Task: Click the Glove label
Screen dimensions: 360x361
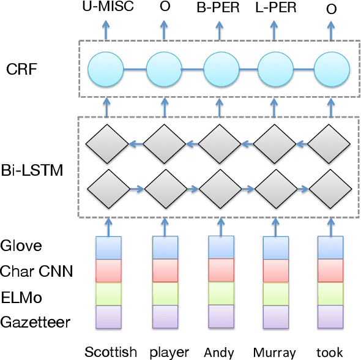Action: (21, 246)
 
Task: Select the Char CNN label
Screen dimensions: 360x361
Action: (37, 270)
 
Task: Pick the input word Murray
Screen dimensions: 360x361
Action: (274, 352)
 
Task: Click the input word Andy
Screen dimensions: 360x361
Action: (219, 352)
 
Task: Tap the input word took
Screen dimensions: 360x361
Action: (329, 352)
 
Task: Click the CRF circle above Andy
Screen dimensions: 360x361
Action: (219, 68)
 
